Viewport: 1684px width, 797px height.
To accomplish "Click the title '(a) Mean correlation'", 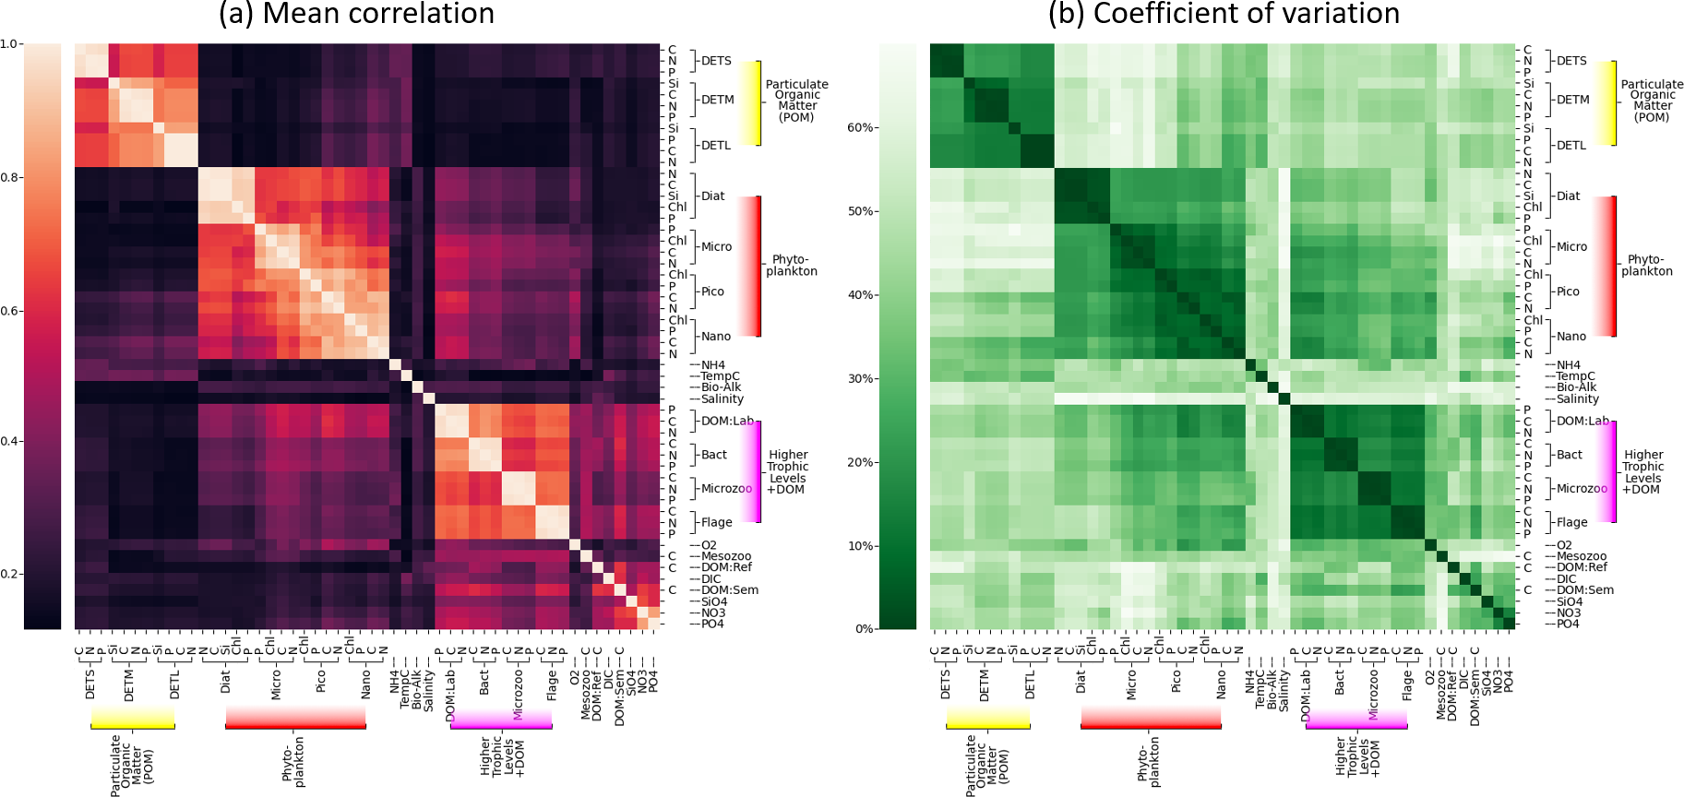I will (356, 14).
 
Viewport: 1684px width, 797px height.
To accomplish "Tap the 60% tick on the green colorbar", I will (861, 127).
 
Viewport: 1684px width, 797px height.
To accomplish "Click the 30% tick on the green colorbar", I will (861, 378).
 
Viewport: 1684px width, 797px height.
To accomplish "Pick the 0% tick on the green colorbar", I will (865, 629).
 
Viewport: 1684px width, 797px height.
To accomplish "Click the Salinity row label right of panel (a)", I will (722, 398).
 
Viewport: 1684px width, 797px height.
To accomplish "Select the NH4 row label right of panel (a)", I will (712, 365).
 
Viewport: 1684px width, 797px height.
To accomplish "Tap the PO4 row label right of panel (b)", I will (1568, 624).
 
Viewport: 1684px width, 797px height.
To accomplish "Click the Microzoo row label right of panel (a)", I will (726, 488).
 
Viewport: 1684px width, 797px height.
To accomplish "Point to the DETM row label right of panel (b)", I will (1573, 100).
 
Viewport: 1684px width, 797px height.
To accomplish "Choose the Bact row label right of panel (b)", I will (1570, 455).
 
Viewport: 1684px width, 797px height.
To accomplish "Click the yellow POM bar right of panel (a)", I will (757, 103).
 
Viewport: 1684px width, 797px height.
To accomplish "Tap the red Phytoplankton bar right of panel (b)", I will (1612, 266).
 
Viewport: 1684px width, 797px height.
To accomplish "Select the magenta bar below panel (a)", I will (501, 720).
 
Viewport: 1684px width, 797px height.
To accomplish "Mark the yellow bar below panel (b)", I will (987, 720).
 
